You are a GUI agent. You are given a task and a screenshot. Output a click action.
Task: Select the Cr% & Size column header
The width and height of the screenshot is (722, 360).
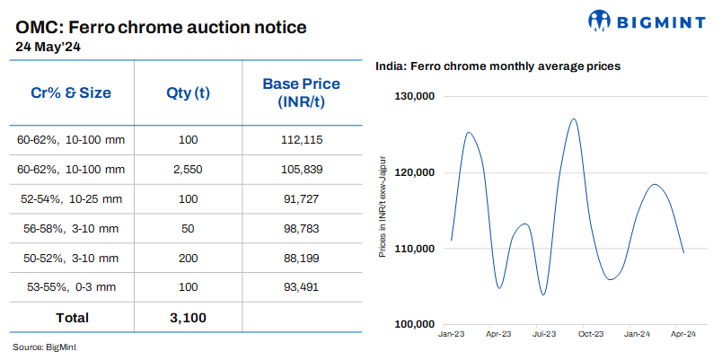click(x=71, y=92)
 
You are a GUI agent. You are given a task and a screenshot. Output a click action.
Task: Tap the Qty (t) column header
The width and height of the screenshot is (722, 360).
click(x=188, y=92)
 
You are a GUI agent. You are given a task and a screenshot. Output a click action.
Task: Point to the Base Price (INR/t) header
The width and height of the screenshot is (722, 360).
click(x=301, y=92)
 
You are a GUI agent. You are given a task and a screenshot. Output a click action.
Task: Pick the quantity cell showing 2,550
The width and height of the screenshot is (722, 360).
click(x=188, y=169)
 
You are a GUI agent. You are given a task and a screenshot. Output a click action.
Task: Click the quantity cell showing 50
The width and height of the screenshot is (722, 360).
click(x=188, y=228)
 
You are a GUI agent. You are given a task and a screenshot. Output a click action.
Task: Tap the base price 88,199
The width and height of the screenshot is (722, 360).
click(x=301, y=258)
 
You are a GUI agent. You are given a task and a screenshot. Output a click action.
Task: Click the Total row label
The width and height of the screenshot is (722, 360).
click(x=72, y=317)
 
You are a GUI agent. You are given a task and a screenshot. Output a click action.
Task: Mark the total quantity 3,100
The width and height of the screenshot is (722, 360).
click(x=188, y=317)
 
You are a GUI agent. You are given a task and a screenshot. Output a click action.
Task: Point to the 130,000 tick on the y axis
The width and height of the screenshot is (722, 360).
click(x=415, y=97)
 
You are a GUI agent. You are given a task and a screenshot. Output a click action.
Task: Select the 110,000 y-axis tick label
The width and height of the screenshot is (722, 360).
click(x=415, y=249)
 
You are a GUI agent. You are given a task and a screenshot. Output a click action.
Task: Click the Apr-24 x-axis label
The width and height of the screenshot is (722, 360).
click(x=683, y=334)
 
